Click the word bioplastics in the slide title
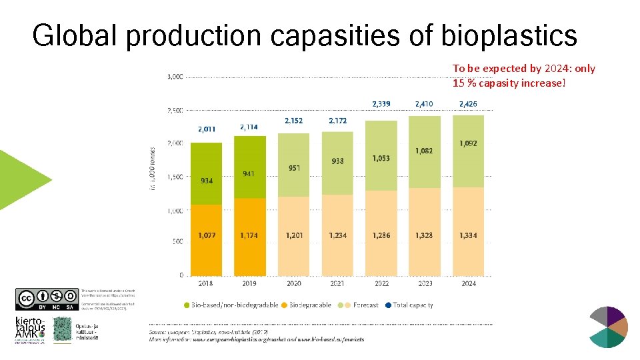coord(509,35)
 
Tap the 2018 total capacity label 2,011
coord(206,129)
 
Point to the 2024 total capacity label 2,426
coord(468,104)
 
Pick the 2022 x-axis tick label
coord(381,283)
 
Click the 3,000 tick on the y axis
coord(174,77)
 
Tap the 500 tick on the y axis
coord(177,242)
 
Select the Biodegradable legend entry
coord(306,305)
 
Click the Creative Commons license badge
coord(45,299)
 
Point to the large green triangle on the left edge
coord(23,179)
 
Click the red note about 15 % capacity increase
coord(524,75)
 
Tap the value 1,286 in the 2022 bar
coord(381,235)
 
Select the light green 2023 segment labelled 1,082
coord(425,151)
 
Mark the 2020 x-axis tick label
coord(293,283)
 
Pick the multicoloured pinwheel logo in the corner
coord(609,327)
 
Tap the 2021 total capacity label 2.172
coord(337,121)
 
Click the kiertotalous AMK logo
coord(29,330)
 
